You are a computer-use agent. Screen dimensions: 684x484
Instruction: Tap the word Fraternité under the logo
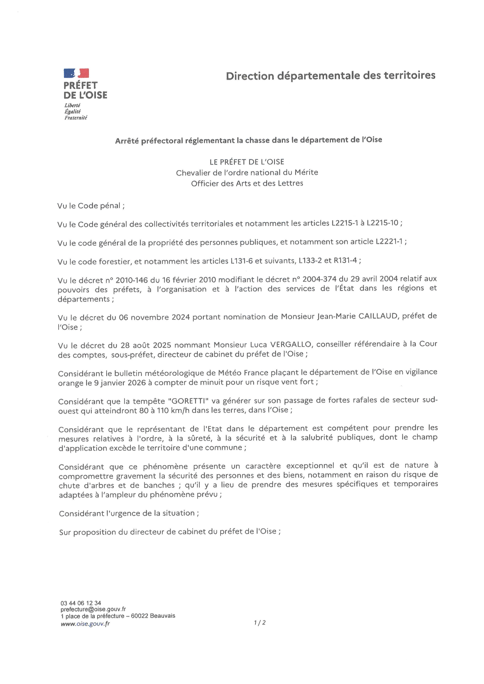point(76,118)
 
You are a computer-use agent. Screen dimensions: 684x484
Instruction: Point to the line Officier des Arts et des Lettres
point(247,183)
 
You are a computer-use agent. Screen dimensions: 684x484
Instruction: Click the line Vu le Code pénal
point(91,206)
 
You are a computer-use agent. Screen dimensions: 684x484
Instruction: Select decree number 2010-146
point(131,280)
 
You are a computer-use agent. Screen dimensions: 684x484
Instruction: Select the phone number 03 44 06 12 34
point(81,603)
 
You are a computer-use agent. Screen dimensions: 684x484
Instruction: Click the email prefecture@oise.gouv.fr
point(93,609)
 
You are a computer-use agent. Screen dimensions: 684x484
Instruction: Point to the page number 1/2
point(260,623)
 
